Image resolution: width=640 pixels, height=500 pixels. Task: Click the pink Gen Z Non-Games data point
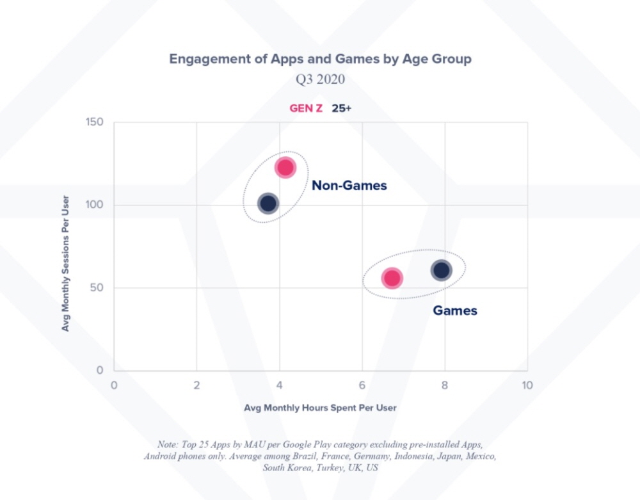coord(285,168)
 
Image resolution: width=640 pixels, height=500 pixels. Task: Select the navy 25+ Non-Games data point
coord(268,204)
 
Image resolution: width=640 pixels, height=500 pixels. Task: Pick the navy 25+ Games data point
coord(442,270)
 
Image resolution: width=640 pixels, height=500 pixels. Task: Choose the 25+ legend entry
coord(341,108)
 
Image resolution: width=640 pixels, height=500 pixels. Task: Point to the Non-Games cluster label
coord(349,186)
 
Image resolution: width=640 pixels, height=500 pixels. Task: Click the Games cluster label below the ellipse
coord(455,310)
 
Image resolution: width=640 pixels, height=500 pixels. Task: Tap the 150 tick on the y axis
coord(95,122)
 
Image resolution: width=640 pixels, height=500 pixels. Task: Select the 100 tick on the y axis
coord(95,205)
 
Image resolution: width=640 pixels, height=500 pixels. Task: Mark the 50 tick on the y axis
coord(98,288)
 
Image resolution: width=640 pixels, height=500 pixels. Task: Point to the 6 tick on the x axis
coord(362,385)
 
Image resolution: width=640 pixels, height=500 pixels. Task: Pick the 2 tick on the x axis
coord(196,385)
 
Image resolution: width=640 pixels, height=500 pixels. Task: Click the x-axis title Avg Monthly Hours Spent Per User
coord(320,407)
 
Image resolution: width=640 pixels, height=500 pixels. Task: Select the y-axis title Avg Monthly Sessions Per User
coord(65,263)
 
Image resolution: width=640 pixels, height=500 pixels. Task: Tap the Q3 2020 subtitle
coord(320,79)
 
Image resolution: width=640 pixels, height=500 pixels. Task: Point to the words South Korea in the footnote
coord(286,467)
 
